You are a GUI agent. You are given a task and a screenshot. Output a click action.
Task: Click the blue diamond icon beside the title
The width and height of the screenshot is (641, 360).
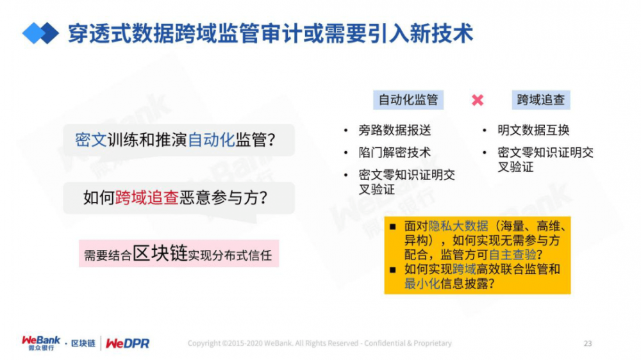pyautogui.click(x=40, y=33)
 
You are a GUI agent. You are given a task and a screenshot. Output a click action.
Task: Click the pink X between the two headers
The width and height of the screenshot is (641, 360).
pyautogui.click(x=477, y=100)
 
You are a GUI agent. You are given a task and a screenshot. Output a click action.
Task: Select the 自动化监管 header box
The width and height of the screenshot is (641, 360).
pyautogui.click(x=408, y=99)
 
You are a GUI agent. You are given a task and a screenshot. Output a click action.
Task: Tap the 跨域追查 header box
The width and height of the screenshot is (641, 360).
pyautogui.click(x=541, y=99)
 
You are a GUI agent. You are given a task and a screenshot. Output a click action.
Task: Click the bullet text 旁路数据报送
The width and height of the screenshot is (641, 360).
pyautogui.click(x=395, y=131)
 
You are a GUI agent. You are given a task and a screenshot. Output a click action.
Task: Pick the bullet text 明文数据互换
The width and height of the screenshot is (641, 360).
pyautogui.click(x=533, y=131)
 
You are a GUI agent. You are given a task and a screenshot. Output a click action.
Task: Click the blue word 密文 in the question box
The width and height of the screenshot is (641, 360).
pyautogui.click(x=91, y=140)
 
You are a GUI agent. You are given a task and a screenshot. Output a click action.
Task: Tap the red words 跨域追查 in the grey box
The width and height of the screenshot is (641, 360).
pyautogui.click(x=147, y=198)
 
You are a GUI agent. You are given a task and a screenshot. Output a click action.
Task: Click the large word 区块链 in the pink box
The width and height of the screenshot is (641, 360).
pyautogui.click(x=160, y=254)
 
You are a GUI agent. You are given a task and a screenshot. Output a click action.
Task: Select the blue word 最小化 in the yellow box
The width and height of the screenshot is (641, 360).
pyautogui.click(x=422, y=283)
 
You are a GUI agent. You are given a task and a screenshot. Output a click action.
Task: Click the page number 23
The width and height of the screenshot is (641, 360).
pyautogui.click(x=587, y=343)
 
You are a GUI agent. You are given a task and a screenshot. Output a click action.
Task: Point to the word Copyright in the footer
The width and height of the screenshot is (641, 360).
pyautogui.click(x=204, y=343)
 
